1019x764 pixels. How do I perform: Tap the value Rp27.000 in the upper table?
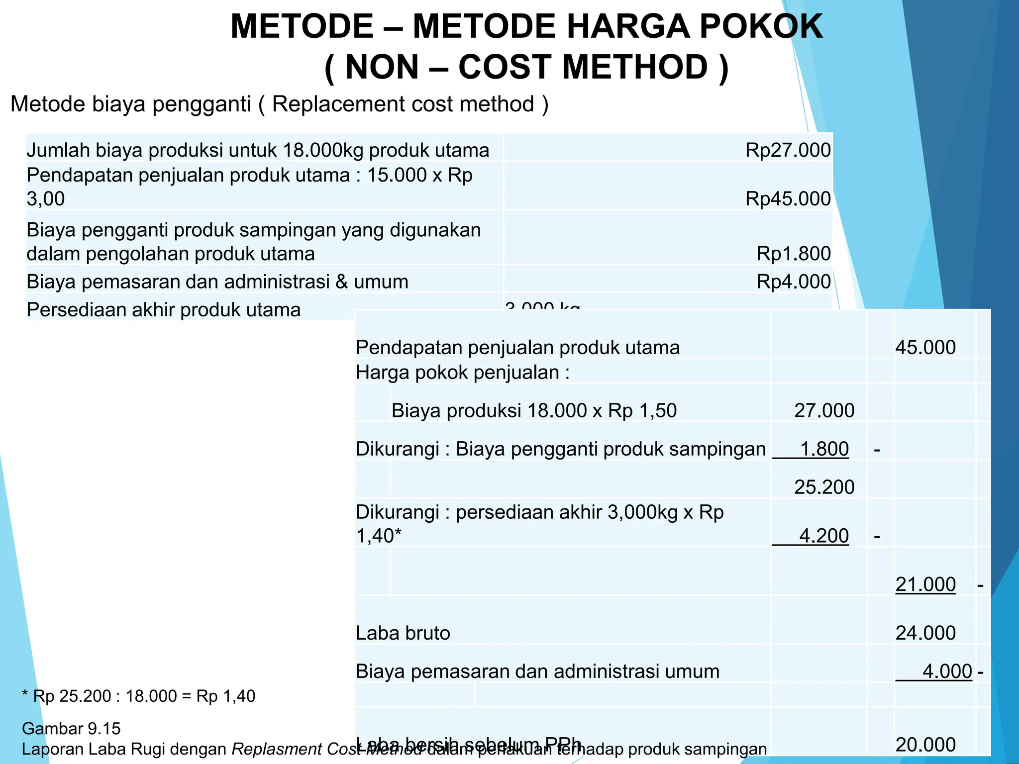coord(788,150)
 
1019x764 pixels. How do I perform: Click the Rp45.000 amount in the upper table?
coord(788,198)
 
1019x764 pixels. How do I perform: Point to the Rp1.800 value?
coord(793,254)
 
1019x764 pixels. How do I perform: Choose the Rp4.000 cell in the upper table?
coord(793,282)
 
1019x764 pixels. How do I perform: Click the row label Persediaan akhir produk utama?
coord(163,310)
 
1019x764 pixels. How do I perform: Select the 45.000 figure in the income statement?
coord(925,347)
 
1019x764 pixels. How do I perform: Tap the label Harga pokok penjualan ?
coord(462,373)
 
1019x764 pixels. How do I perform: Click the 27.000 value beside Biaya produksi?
coord(824,410)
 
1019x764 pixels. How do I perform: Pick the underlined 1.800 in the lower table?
coord(824,449)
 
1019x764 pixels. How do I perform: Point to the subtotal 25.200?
coord(824,487)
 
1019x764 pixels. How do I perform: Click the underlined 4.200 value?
coord(823,536)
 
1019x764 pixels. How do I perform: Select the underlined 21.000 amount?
coord(925,584)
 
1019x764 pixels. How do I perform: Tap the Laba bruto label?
coord(403,633)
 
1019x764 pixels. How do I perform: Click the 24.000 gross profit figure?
coord(925,633)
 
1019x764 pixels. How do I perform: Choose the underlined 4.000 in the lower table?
coord(946,671)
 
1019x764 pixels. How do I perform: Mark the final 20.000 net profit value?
coord(925,745)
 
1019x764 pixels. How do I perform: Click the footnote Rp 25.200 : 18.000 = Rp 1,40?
coord(139,696)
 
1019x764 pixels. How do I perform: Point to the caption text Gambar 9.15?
coord(71,729)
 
